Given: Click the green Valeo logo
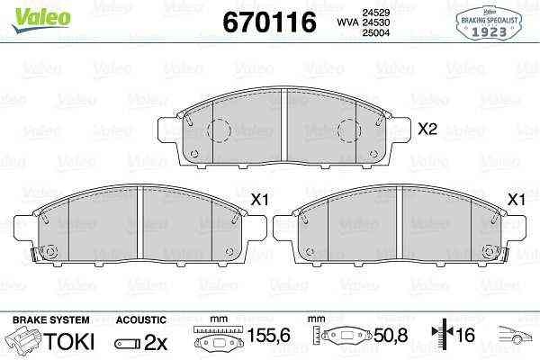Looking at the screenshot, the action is click(x=41, y=20).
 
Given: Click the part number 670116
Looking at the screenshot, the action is click(x=269, y=22).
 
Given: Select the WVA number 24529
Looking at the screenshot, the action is click(x=375, y=13).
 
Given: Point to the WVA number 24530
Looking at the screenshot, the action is click(x=375, y=22).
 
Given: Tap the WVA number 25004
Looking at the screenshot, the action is click(x=375, y=32).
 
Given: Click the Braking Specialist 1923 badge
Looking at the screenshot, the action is click(x=489, y=23).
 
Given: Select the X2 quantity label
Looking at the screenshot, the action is click(x=427, y=129).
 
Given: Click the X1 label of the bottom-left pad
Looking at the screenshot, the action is click(x=259, y=200).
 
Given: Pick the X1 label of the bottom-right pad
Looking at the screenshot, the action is click(x=517, y=200).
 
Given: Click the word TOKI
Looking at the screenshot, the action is click(x=69, y=341).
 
